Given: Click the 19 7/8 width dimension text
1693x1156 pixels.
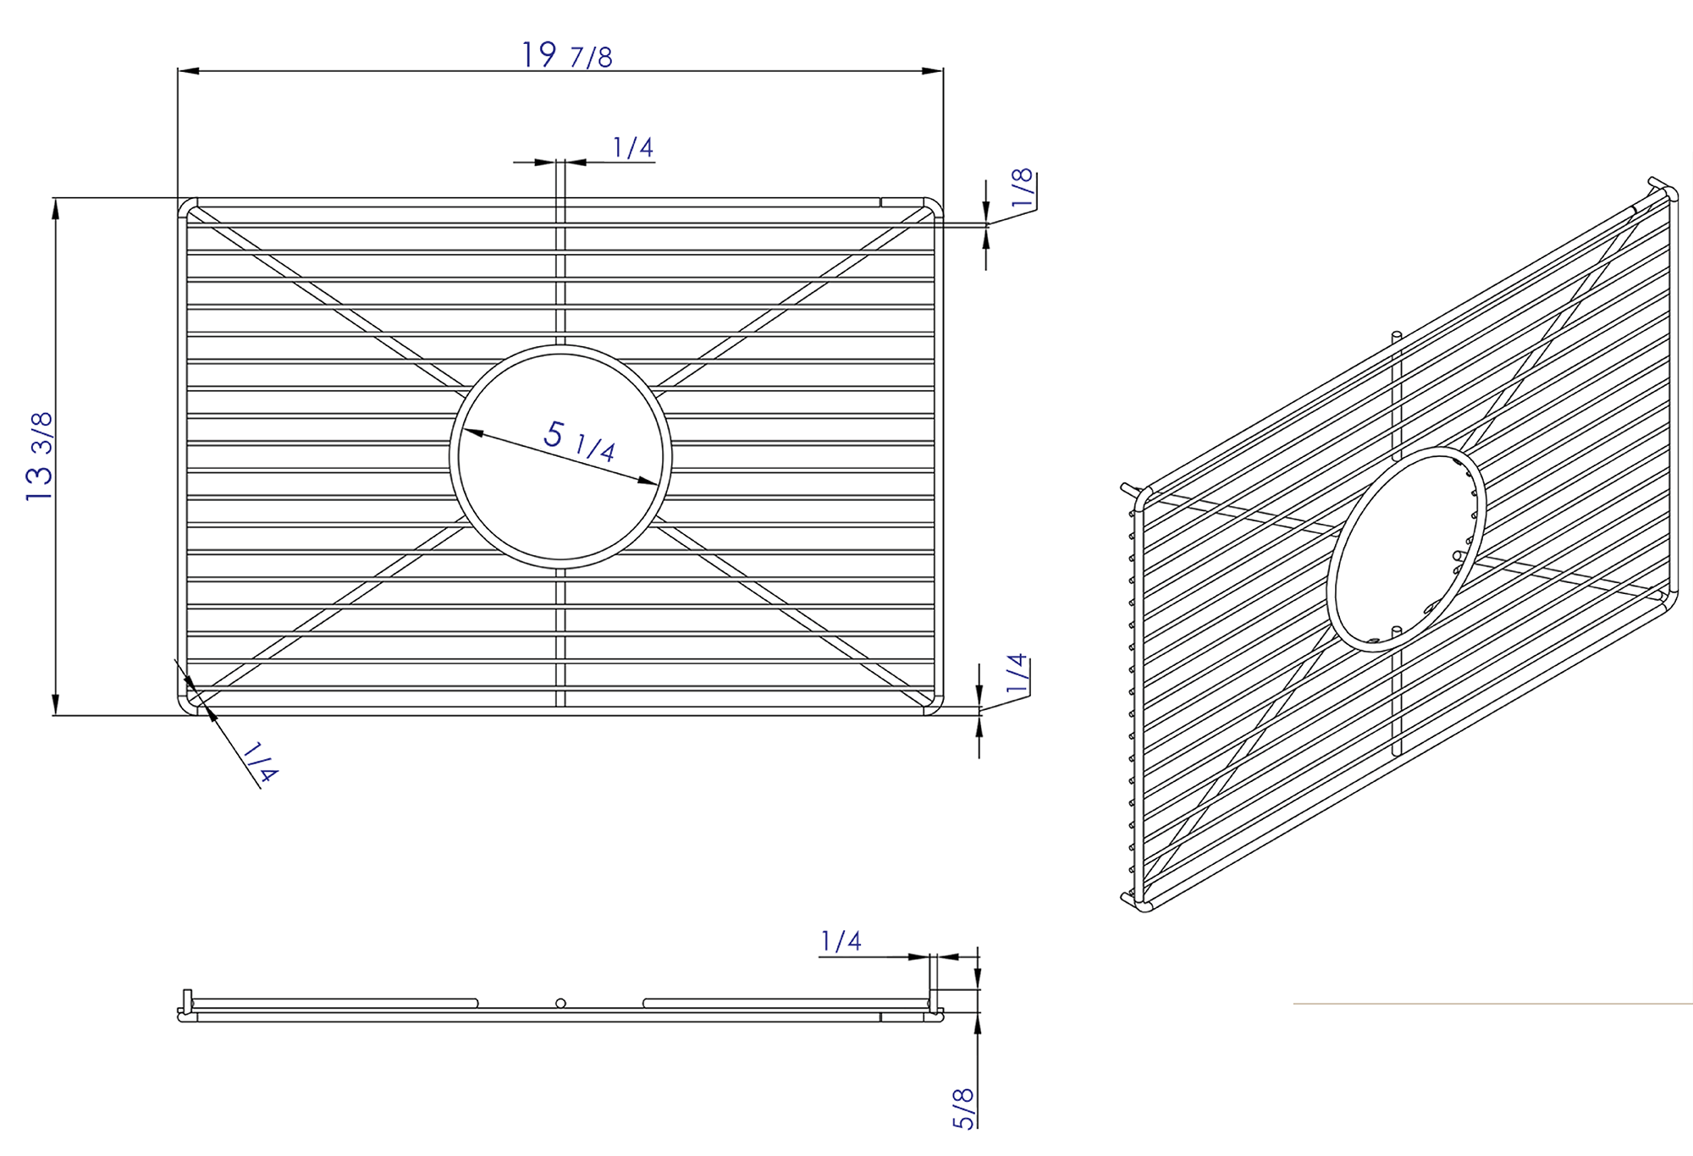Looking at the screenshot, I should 566,56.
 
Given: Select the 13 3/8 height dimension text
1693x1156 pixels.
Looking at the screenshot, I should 40,456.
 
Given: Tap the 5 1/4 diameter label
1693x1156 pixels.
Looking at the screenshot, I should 579,440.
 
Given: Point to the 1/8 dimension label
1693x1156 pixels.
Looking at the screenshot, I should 1023,188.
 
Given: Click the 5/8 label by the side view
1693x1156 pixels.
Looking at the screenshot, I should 964,1108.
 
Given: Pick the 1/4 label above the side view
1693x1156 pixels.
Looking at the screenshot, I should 841,941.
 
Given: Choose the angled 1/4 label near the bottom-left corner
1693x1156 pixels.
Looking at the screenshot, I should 260,762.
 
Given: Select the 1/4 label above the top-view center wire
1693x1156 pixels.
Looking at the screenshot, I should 633,148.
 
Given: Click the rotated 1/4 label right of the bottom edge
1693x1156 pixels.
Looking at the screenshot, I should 1017,674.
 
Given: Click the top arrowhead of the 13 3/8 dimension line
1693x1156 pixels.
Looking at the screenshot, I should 56,208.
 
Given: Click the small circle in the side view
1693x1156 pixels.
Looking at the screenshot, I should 560,1004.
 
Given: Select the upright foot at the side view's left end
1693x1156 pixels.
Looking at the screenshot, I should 188,999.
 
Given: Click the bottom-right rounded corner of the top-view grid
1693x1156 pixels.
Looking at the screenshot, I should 934,707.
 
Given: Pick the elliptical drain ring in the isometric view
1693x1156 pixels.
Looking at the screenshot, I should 1406,549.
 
